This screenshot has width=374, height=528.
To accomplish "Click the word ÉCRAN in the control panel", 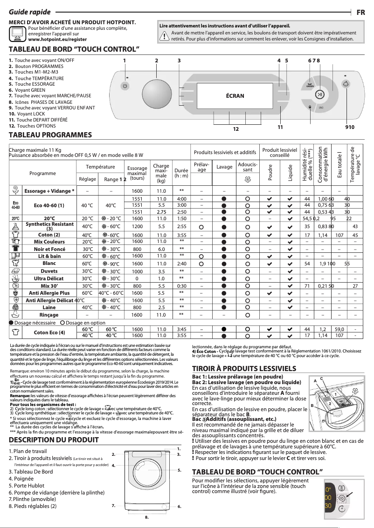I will coord(235,95).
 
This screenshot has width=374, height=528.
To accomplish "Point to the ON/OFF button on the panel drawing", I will coord(125,86).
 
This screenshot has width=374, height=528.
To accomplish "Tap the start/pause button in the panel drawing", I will coord(319,95).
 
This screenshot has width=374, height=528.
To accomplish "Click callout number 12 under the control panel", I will coord(236,129).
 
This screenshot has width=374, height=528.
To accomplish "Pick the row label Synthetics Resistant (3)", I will coord(49,226).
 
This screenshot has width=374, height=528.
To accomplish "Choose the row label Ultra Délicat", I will coord(49,278).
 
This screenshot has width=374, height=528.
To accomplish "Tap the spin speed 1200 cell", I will coord(137,226).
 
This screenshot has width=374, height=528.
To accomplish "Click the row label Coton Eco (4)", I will coord(49,332).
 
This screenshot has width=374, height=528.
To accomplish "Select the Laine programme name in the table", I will coord(49,307).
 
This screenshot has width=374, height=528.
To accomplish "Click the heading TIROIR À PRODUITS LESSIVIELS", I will coord(244,369).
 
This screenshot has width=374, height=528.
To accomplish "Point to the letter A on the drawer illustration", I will coord(315,381).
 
